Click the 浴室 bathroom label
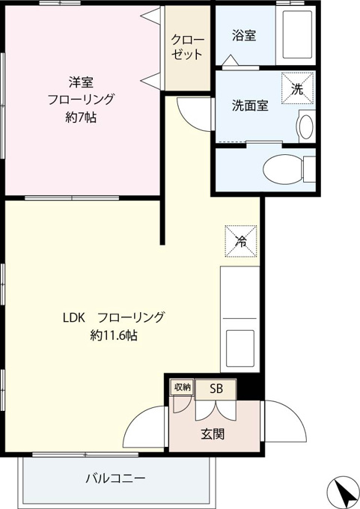(x=244, y=35)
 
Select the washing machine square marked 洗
(x=297, y=88)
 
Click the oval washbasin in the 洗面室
(x=306, y=127)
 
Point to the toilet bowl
(x=283, y=168)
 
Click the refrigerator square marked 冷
(x=241, y=241)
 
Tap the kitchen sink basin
(x=240, y=348)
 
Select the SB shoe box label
(x=216, y=388)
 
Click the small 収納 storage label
(x=183, y=387)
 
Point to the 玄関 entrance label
(x=213, y=434)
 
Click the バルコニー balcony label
(x=115, y=478)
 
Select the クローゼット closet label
(x=188, y=47)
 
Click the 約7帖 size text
(x=81, y=118)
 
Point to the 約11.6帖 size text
(x=114, y=335)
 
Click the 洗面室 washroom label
(x=250, y=106)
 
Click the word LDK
(x=73, y=317)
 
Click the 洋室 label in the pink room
(x=81, y=82)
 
